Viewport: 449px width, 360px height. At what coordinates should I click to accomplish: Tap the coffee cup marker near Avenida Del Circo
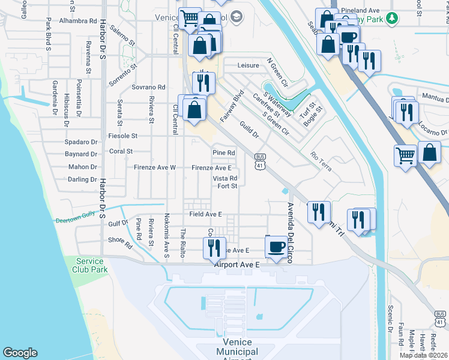(x=276, y=247)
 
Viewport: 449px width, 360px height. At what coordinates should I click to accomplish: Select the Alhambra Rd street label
(x=78, y=20)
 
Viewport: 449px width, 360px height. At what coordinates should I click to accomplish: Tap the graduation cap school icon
(x=236, y=17)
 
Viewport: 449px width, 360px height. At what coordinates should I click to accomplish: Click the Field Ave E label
(x=206, y=214)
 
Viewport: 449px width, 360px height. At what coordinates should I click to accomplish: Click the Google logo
(x=20, y=353)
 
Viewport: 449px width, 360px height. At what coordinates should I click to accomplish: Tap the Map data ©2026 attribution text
(x=423, y=355)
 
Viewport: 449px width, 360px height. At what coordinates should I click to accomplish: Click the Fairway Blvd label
(x=230, y=107)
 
